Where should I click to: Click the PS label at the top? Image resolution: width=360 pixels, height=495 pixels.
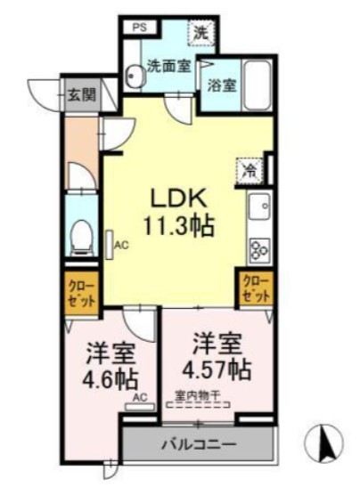point(140,27)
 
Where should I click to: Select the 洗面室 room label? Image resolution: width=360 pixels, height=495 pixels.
point(168,66)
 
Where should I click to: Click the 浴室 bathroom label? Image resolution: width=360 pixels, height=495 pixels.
point(221,87)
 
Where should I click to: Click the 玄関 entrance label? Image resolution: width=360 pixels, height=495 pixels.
point(80,93)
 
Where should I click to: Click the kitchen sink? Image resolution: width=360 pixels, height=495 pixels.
point(259,208)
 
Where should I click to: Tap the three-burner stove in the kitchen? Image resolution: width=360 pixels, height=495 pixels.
point(259,249)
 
